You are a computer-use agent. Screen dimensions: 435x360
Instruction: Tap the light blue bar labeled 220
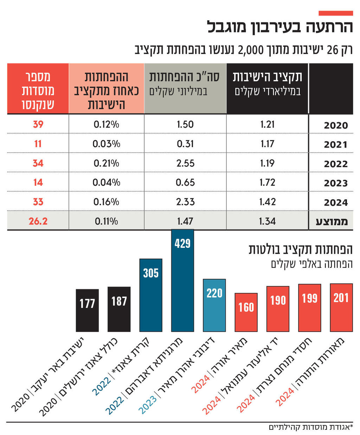(214, 305)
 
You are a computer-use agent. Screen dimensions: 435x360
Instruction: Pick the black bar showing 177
(87, 310)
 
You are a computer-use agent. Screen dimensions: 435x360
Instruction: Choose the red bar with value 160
(246, 312)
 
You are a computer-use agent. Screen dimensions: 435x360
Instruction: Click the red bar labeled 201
(341, 308)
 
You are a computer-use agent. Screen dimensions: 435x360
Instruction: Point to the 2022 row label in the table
(335, 164)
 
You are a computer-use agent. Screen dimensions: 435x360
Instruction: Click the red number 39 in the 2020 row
(38, 124)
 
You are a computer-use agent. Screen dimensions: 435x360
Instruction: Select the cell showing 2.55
(185, 163)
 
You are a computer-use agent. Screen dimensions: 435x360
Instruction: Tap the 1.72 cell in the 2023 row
(267, 182)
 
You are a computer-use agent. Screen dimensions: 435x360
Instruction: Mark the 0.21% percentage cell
(106, 163)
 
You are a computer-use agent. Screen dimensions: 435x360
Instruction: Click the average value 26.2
(38, 221)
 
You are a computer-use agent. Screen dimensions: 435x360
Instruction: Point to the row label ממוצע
(332, 221)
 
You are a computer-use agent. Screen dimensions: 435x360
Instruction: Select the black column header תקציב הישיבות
(267, 83)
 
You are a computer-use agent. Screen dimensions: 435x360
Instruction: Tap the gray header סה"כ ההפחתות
(185, 83)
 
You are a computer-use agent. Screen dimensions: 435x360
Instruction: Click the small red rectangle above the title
(335, 13)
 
